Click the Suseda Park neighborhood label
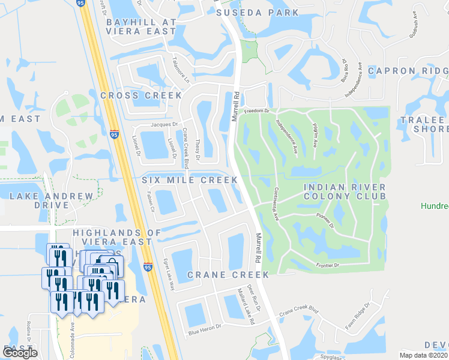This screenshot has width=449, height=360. (x=258, y=12)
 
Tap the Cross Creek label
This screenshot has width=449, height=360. (x=141, y=95)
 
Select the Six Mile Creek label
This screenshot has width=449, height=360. (x=190, y=180)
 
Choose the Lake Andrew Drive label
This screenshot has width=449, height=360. (x=52, y=200)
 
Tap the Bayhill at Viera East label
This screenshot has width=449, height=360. (x=140, y=26)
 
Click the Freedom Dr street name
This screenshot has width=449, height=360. (x=259, y=111)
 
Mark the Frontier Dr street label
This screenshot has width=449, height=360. (x=327, y=265)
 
